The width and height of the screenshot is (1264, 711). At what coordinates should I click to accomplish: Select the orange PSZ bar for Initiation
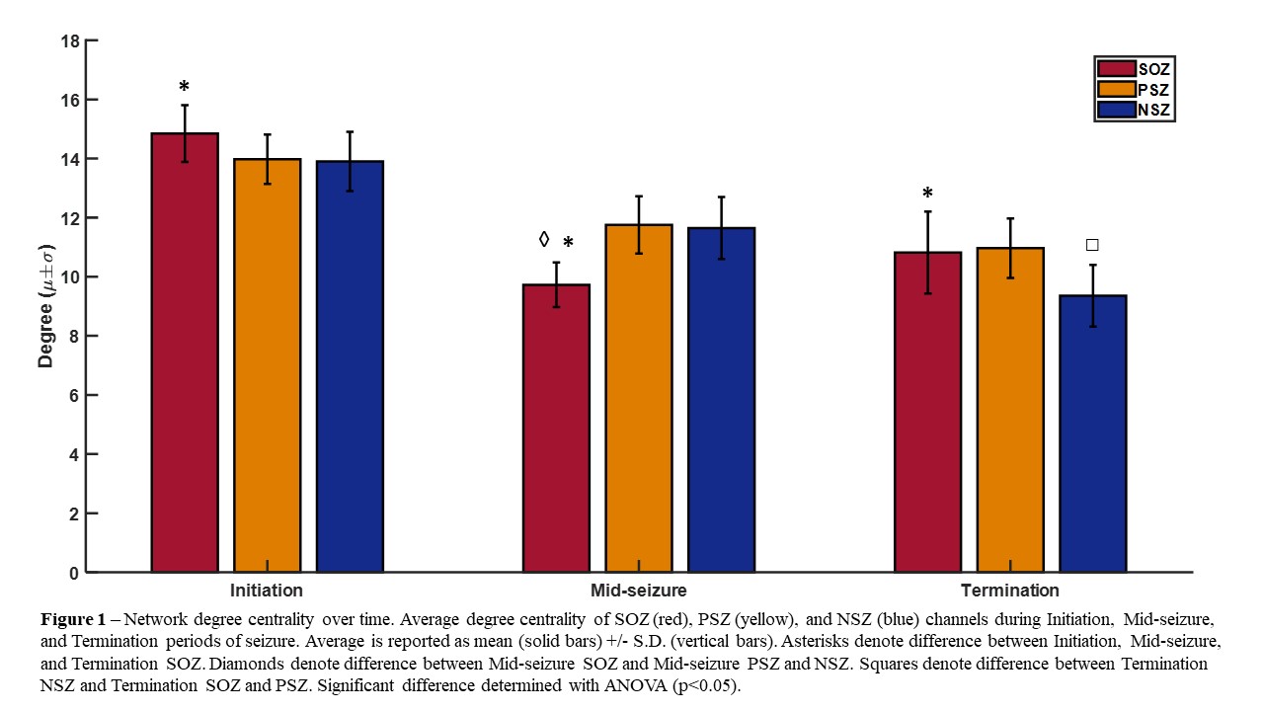(268, 365)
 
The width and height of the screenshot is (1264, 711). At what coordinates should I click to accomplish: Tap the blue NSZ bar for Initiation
(350, 366)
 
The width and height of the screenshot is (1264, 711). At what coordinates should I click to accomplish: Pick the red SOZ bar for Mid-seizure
(556, 429)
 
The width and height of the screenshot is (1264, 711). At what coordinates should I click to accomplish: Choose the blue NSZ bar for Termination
(1093, 434)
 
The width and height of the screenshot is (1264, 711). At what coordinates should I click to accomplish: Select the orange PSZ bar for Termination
(1010, 410)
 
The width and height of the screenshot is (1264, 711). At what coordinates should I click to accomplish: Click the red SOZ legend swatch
(1117, 69)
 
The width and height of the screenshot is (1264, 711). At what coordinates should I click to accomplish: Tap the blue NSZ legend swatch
(1117, 110)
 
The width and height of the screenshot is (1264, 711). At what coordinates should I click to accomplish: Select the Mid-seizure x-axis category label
(638, 591)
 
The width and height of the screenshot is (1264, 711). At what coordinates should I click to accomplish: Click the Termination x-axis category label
(1010, 591)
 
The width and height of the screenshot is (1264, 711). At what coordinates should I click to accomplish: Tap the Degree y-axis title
(46, 307)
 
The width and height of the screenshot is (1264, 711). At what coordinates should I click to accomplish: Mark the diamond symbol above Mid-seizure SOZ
(543, 239)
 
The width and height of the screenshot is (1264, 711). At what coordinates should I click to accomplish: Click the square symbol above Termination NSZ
(1092, 245)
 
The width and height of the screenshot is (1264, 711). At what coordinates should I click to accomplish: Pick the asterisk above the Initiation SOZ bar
(184, 87)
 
